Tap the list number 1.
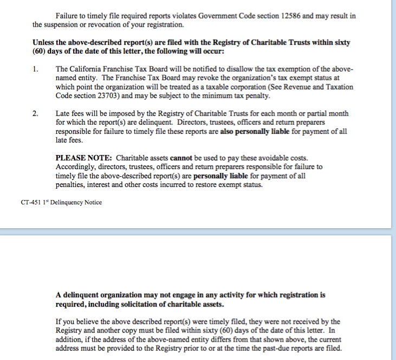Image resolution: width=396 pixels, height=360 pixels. click(35, 69)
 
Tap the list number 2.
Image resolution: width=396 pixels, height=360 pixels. click(35, 114)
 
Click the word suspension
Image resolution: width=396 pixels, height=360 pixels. click(63, 24)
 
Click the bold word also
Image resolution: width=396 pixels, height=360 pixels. click(230, 131)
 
